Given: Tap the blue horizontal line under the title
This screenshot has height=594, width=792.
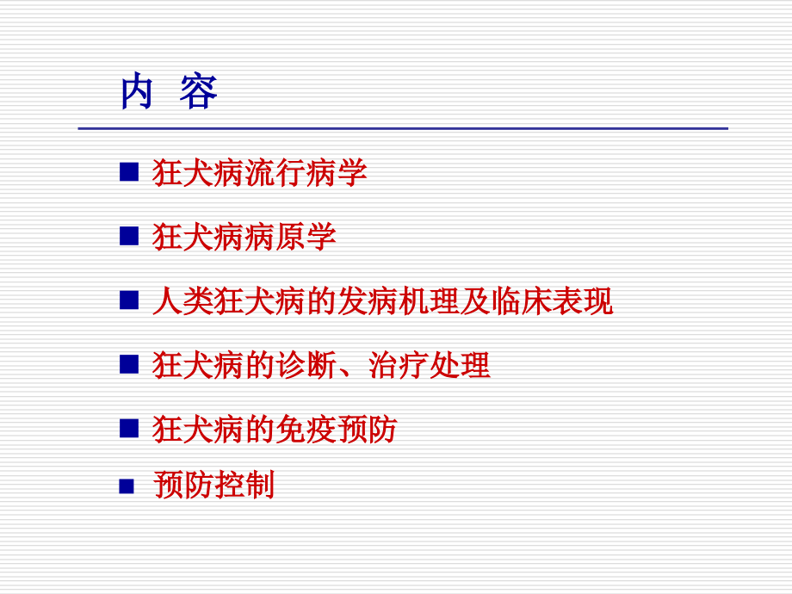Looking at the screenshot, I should pyautogui.click(x=403, y=128).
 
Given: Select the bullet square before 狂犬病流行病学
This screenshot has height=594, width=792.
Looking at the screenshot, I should pyautogui.click(x=129, y=173).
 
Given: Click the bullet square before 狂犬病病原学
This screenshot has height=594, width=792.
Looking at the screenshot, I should pyautogui.click(x=129, y=237).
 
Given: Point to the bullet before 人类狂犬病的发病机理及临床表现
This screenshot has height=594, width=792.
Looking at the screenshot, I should pyautogui.click(x=129, y=300).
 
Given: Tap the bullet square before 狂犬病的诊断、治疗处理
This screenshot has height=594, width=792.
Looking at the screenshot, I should pyautogui.click(x=129, y=364).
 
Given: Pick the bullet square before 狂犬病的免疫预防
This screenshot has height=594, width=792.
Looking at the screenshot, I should pyautogui.click(x=129, y=428).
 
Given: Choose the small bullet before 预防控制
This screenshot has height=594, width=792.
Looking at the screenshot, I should pyautogui.click(x=127, y=486).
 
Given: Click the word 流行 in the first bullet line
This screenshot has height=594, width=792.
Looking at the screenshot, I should pyautogui.click(x=275, y=173).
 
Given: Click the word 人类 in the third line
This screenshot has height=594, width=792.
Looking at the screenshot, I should pyautogui.click(x=183, y=301).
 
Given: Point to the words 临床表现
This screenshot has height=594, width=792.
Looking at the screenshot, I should pyautogui.click(x=551, y=301).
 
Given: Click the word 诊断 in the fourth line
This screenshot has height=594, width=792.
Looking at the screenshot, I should pyautogui.click(x=306, y=365).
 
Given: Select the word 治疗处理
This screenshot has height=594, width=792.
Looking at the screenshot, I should pyautogui.click(x=429, y=365).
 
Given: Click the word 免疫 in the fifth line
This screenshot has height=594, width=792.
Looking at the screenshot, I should pyautogui.click(x=306, y=429).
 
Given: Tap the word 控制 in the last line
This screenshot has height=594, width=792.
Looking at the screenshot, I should pyautogui.click(x=244, y=486).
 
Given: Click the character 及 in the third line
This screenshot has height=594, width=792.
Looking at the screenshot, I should pyautogui.click(x=474, y=301).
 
